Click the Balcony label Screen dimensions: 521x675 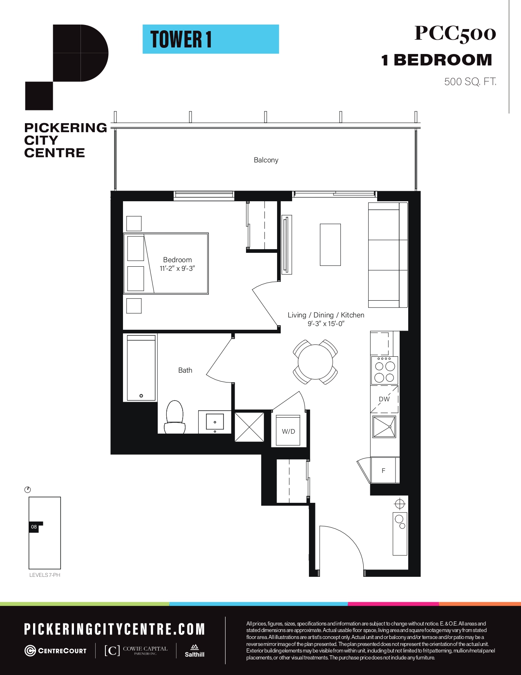pos(266,160)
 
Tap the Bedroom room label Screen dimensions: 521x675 pos(177,260)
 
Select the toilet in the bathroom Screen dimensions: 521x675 pos(175,417)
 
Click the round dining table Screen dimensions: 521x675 pos(315,362)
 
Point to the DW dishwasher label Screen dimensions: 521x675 pos(384,399)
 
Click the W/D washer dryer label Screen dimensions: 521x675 pos(288,432)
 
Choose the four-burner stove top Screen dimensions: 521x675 pos(385,371)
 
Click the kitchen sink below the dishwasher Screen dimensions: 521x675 pos(384,427)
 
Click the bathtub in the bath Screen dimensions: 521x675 pos(141,368)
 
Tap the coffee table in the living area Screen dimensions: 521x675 pos(330,245)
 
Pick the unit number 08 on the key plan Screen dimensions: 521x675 pos(34,527)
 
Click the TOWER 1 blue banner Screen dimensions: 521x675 pos(211,39)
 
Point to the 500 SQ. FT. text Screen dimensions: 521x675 pos(470,82)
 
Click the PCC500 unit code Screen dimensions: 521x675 pos(455,34)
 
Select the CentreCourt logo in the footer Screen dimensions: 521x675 pos(55,651)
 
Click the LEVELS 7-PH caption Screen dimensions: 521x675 pos(45,575)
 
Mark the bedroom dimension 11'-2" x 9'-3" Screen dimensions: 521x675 pos(177,268)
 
